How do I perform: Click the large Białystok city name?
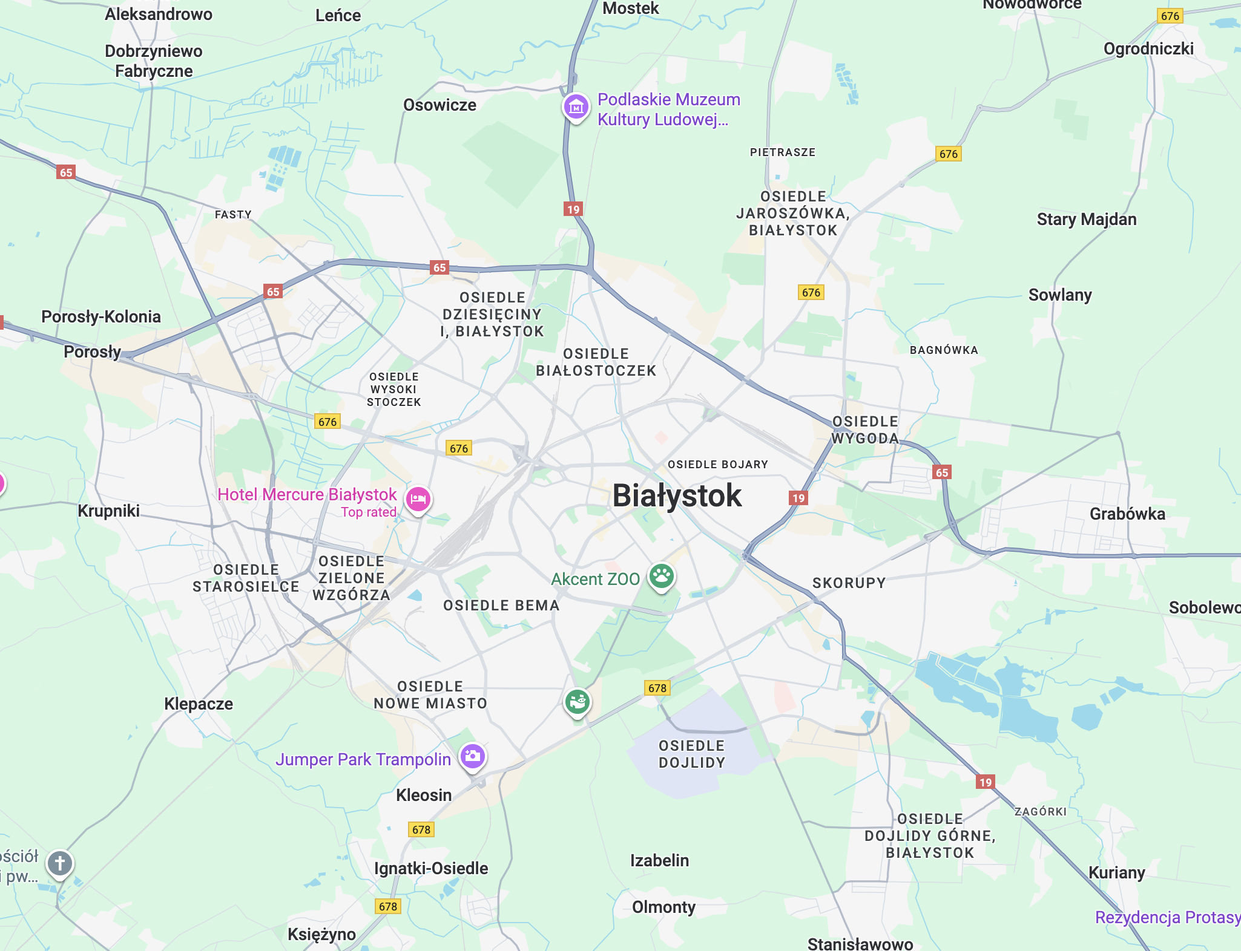coord(676,495)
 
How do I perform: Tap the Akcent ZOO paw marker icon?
coord(661,576)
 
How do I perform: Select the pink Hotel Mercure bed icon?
coord(418,499)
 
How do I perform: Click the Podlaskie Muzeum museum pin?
coord(576,107)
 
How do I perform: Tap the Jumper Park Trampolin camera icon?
coord(472,756)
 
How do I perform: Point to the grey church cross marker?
coord(59,863)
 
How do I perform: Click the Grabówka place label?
coord(1127,514)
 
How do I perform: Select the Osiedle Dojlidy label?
coord(691,754)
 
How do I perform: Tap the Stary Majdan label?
coord(1086,219)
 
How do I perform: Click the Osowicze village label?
coord(439,105)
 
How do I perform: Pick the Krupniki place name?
coord(108,511)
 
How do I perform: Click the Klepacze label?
coord(199,704)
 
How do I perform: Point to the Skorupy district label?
coord(849,583)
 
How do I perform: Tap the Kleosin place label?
coord(424,795)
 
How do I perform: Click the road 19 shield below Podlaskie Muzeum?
coord(573,209)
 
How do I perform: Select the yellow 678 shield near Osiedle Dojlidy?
coord(657,688)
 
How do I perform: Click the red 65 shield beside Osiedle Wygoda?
coord(941,472)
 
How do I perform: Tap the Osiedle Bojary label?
coord(717,464)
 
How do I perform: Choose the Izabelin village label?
coord(659,860)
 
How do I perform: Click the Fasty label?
coord(233,214)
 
